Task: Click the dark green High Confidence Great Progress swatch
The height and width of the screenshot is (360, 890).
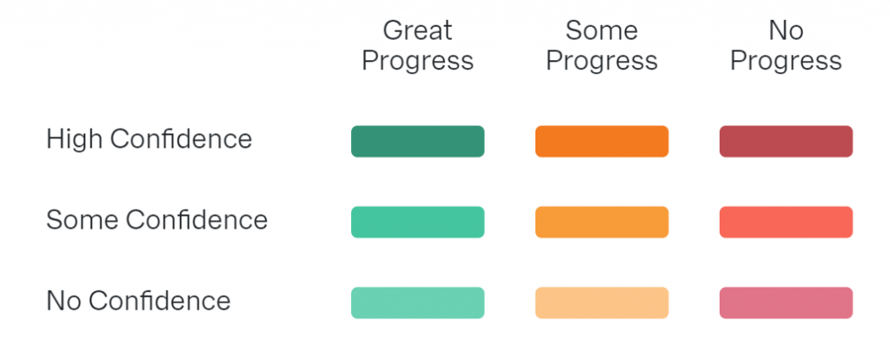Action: (418, 142)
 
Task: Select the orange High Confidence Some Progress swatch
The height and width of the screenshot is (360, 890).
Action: (601, 142)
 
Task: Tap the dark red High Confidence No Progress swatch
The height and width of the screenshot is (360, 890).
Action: (786, 142)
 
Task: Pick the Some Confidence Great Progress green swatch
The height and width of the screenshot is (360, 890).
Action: (418, 222)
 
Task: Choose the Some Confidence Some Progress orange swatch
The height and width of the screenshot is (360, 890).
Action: (601, 222)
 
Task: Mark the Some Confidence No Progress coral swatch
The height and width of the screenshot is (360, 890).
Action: (786, 222)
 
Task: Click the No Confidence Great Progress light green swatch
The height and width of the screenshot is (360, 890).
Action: (418, 303)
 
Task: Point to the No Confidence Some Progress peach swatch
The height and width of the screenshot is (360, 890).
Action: (601, 303)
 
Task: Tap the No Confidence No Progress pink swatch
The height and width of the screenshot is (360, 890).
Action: (786, 303)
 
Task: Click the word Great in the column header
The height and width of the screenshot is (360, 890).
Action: (418, 30)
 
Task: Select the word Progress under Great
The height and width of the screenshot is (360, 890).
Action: (418, 62)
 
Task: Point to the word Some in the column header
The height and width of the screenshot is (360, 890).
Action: (601, 30)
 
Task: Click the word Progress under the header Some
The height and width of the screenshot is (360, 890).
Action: (601, 62)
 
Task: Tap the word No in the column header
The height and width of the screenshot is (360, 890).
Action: (786, 30)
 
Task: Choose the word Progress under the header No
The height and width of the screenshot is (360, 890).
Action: (786, 62)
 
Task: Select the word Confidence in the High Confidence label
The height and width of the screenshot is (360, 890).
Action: (181, 138)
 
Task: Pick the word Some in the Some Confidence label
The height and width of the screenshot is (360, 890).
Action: (83, 220)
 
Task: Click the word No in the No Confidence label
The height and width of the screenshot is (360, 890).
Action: (64, 300)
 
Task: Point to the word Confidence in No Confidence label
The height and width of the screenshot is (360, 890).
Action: (160, 300)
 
